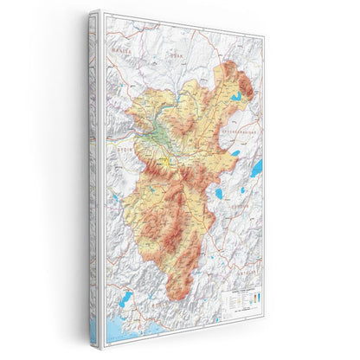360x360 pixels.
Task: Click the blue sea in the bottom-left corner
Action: point(112,333)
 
